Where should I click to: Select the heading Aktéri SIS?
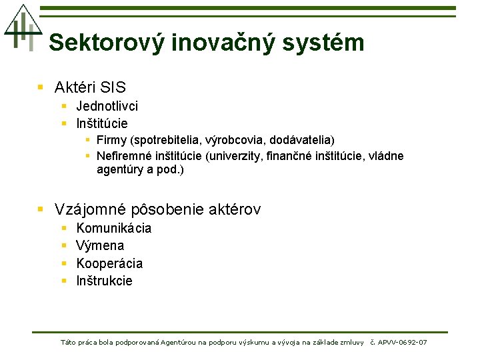tap(90, 87)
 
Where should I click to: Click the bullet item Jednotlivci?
tap(107, 106)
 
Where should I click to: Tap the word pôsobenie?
tap(168, 209)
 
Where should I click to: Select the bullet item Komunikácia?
tap(114, 228)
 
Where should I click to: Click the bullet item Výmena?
tap(100, 245)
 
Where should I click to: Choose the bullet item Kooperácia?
tap(109, 263)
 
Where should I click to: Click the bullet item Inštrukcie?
tap(105, 281)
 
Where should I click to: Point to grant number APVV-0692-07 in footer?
tap(402, 343)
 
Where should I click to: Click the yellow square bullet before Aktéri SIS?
tap(41, 87)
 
